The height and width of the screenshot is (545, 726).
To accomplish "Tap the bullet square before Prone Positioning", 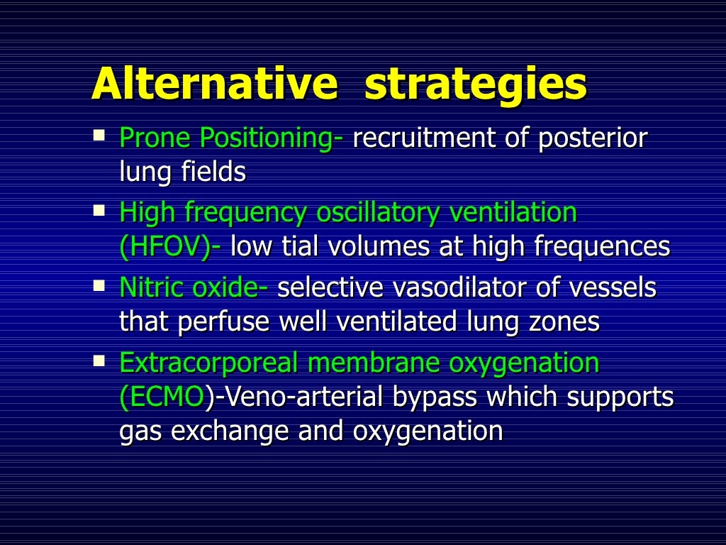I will (x=99, y=133).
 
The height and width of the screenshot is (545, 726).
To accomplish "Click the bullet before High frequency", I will (x=99, y=210).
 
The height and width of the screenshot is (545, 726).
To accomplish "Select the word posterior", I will (x=593, y=138).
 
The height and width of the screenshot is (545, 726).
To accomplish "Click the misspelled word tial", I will (x=300, y=247).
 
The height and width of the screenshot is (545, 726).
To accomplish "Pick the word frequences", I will (x=601, y=247).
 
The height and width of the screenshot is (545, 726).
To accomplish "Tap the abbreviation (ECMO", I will (x=162, y=397).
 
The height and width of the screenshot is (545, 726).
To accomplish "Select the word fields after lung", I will (x=211, y=172).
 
